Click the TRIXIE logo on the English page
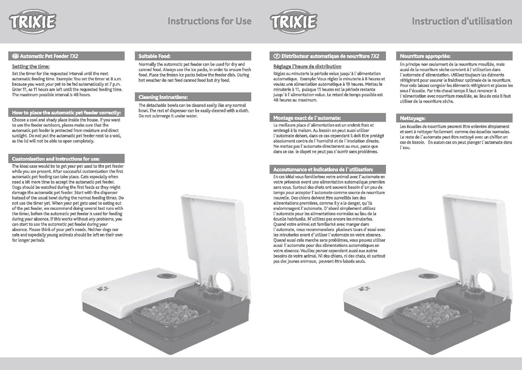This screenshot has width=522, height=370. click(x=33, y=22)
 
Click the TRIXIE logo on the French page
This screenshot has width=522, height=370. click(x=293, y=22)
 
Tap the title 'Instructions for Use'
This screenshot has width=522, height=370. click(x=209, y=21)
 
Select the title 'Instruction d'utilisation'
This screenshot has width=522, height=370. click(x=462, y=21)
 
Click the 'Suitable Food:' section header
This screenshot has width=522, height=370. click(x=155, y=56)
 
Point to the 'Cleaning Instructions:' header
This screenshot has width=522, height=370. click(x=163, y=97)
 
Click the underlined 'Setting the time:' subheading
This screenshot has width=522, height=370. click(x=31, y=66)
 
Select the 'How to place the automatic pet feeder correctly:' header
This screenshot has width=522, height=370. click(x=66, y=112)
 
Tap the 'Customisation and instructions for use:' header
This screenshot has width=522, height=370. click(x=56, y=159)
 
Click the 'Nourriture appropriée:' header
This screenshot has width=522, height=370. click(x=425, y=56)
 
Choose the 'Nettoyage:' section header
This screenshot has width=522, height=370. click(x=413, y=118)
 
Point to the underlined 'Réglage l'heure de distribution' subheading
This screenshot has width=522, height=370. click(x=307, y=66)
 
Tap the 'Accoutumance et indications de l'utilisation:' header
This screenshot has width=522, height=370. click(x=323, y=169)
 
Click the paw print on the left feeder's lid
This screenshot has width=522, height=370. click(x=103, y=288)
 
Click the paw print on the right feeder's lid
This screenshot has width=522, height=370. click(x=364, y=288)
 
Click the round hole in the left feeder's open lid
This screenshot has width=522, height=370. click(x=223, y=282)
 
